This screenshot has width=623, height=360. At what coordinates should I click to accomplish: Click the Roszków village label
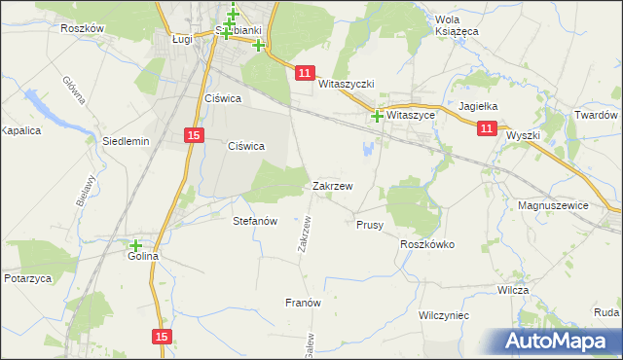pos(82,29)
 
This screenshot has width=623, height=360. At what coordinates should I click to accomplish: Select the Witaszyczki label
pos(347,85)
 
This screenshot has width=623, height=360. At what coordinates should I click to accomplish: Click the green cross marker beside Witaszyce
pos(377,117)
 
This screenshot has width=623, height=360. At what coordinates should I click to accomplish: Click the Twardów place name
pos(595,115)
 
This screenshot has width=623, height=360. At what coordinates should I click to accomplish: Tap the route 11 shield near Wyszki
pos(488,126)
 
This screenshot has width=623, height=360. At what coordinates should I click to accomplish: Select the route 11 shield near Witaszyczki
pos(306,74)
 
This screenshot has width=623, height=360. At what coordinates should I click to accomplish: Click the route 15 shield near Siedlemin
pos(194,136)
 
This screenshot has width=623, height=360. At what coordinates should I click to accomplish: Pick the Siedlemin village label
pos(126,141)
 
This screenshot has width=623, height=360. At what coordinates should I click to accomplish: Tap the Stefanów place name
pos(256,221)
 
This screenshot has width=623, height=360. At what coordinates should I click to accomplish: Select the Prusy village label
pos(370,225)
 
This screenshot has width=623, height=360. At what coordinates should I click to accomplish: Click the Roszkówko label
pos(427,245)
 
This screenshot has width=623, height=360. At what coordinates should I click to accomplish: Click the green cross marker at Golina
pos(135,246)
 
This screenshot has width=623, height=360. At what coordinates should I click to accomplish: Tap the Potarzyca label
pos(27,278)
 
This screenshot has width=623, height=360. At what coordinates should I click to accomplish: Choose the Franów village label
pos(303,303)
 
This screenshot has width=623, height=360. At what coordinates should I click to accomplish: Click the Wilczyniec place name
pos(444,316)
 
